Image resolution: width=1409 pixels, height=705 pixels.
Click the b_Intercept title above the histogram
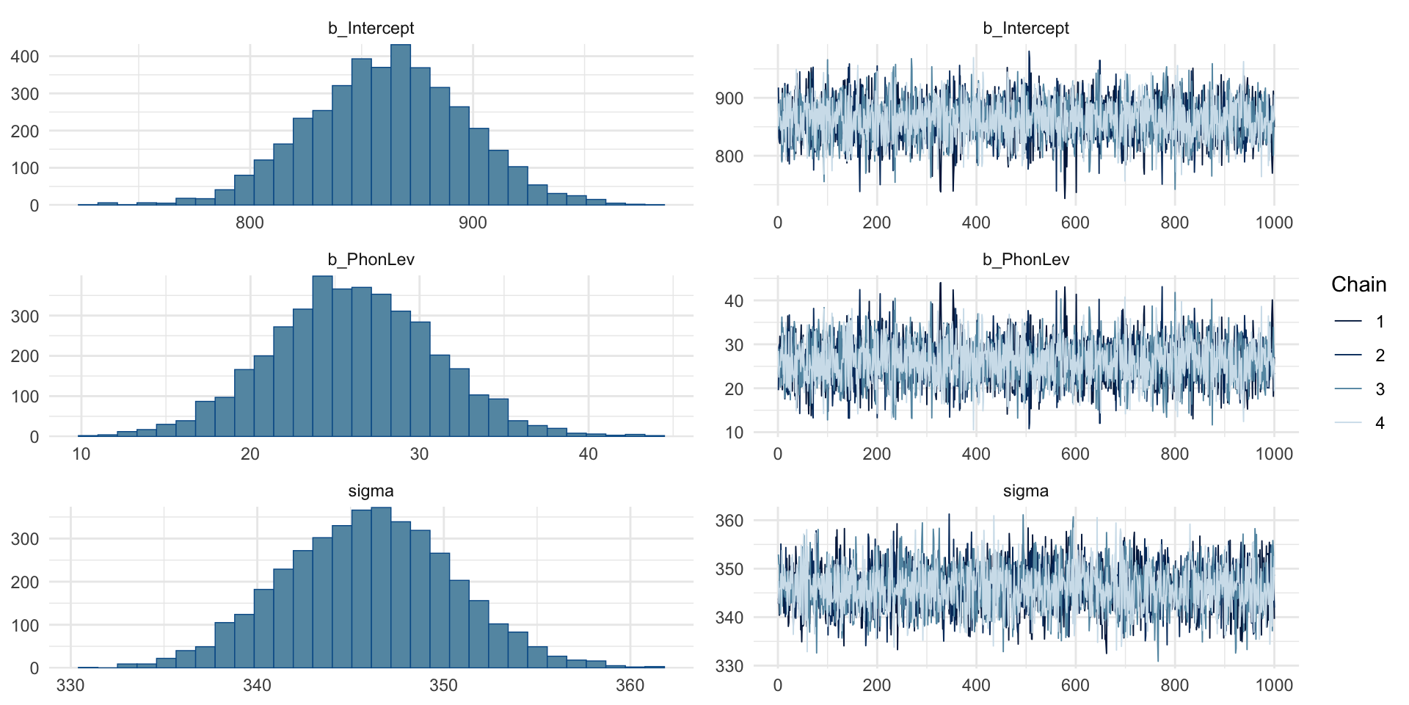(371, 28)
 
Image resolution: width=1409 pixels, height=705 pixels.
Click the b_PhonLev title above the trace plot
(1026, 259)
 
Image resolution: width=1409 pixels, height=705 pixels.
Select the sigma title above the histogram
(371, 491)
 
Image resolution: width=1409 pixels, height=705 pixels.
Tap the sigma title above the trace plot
(1026, 491)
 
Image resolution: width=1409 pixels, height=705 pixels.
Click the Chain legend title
(1358, 285)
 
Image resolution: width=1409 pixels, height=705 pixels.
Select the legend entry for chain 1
(1358, 322)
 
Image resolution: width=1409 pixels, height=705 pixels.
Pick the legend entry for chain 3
(1358, 389)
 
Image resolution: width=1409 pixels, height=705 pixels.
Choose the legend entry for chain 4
(1358, 423)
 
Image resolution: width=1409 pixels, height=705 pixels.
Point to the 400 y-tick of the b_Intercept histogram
(25, 57)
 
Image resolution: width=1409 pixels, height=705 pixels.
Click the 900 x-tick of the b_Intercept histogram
(473, 223)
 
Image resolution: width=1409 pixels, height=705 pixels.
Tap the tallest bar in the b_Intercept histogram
(400, 125)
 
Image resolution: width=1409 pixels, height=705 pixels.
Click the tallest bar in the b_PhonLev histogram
(322, 356)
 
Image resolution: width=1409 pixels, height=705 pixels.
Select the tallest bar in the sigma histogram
(381, 587)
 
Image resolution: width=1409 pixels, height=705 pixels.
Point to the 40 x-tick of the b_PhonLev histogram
(588, 455)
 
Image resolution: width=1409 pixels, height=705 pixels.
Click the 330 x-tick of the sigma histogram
(70, 686)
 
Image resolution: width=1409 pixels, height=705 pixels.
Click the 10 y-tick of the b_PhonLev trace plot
(734, 433)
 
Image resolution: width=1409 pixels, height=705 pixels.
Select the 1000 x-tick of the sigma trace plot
(1274, 686)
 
